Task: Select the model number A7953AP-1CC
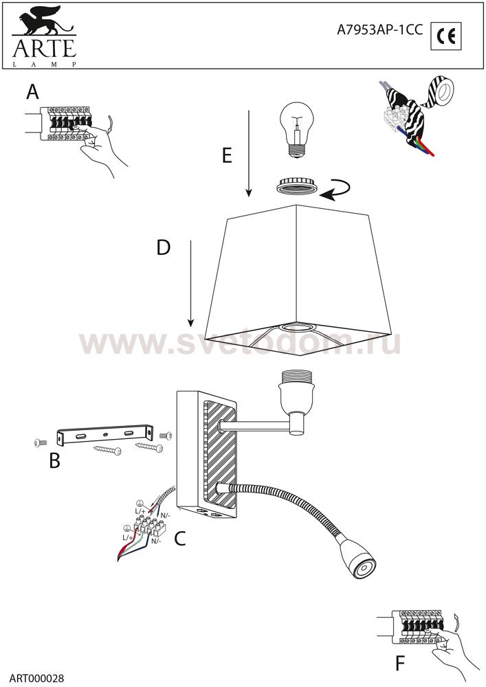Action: pos(379,30)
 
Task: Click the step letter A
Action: pos(33,92)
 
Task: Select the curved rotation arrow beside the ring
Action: pos(335,190)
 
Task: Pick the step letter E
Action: pos(227,155)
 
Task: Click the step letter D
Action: pos(163,248)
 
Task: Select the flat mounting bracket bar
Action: pos(105,434)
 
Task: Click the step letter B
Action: pos(54,460)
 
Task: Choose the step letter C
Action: pos(180,539)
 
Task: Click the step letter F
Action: pos(400,664)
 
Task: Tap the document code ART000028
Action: pos(37,678)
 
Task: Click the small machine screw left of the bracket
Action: pos(41,443)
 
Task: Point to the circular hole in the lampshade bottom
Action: pos(295,326)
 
